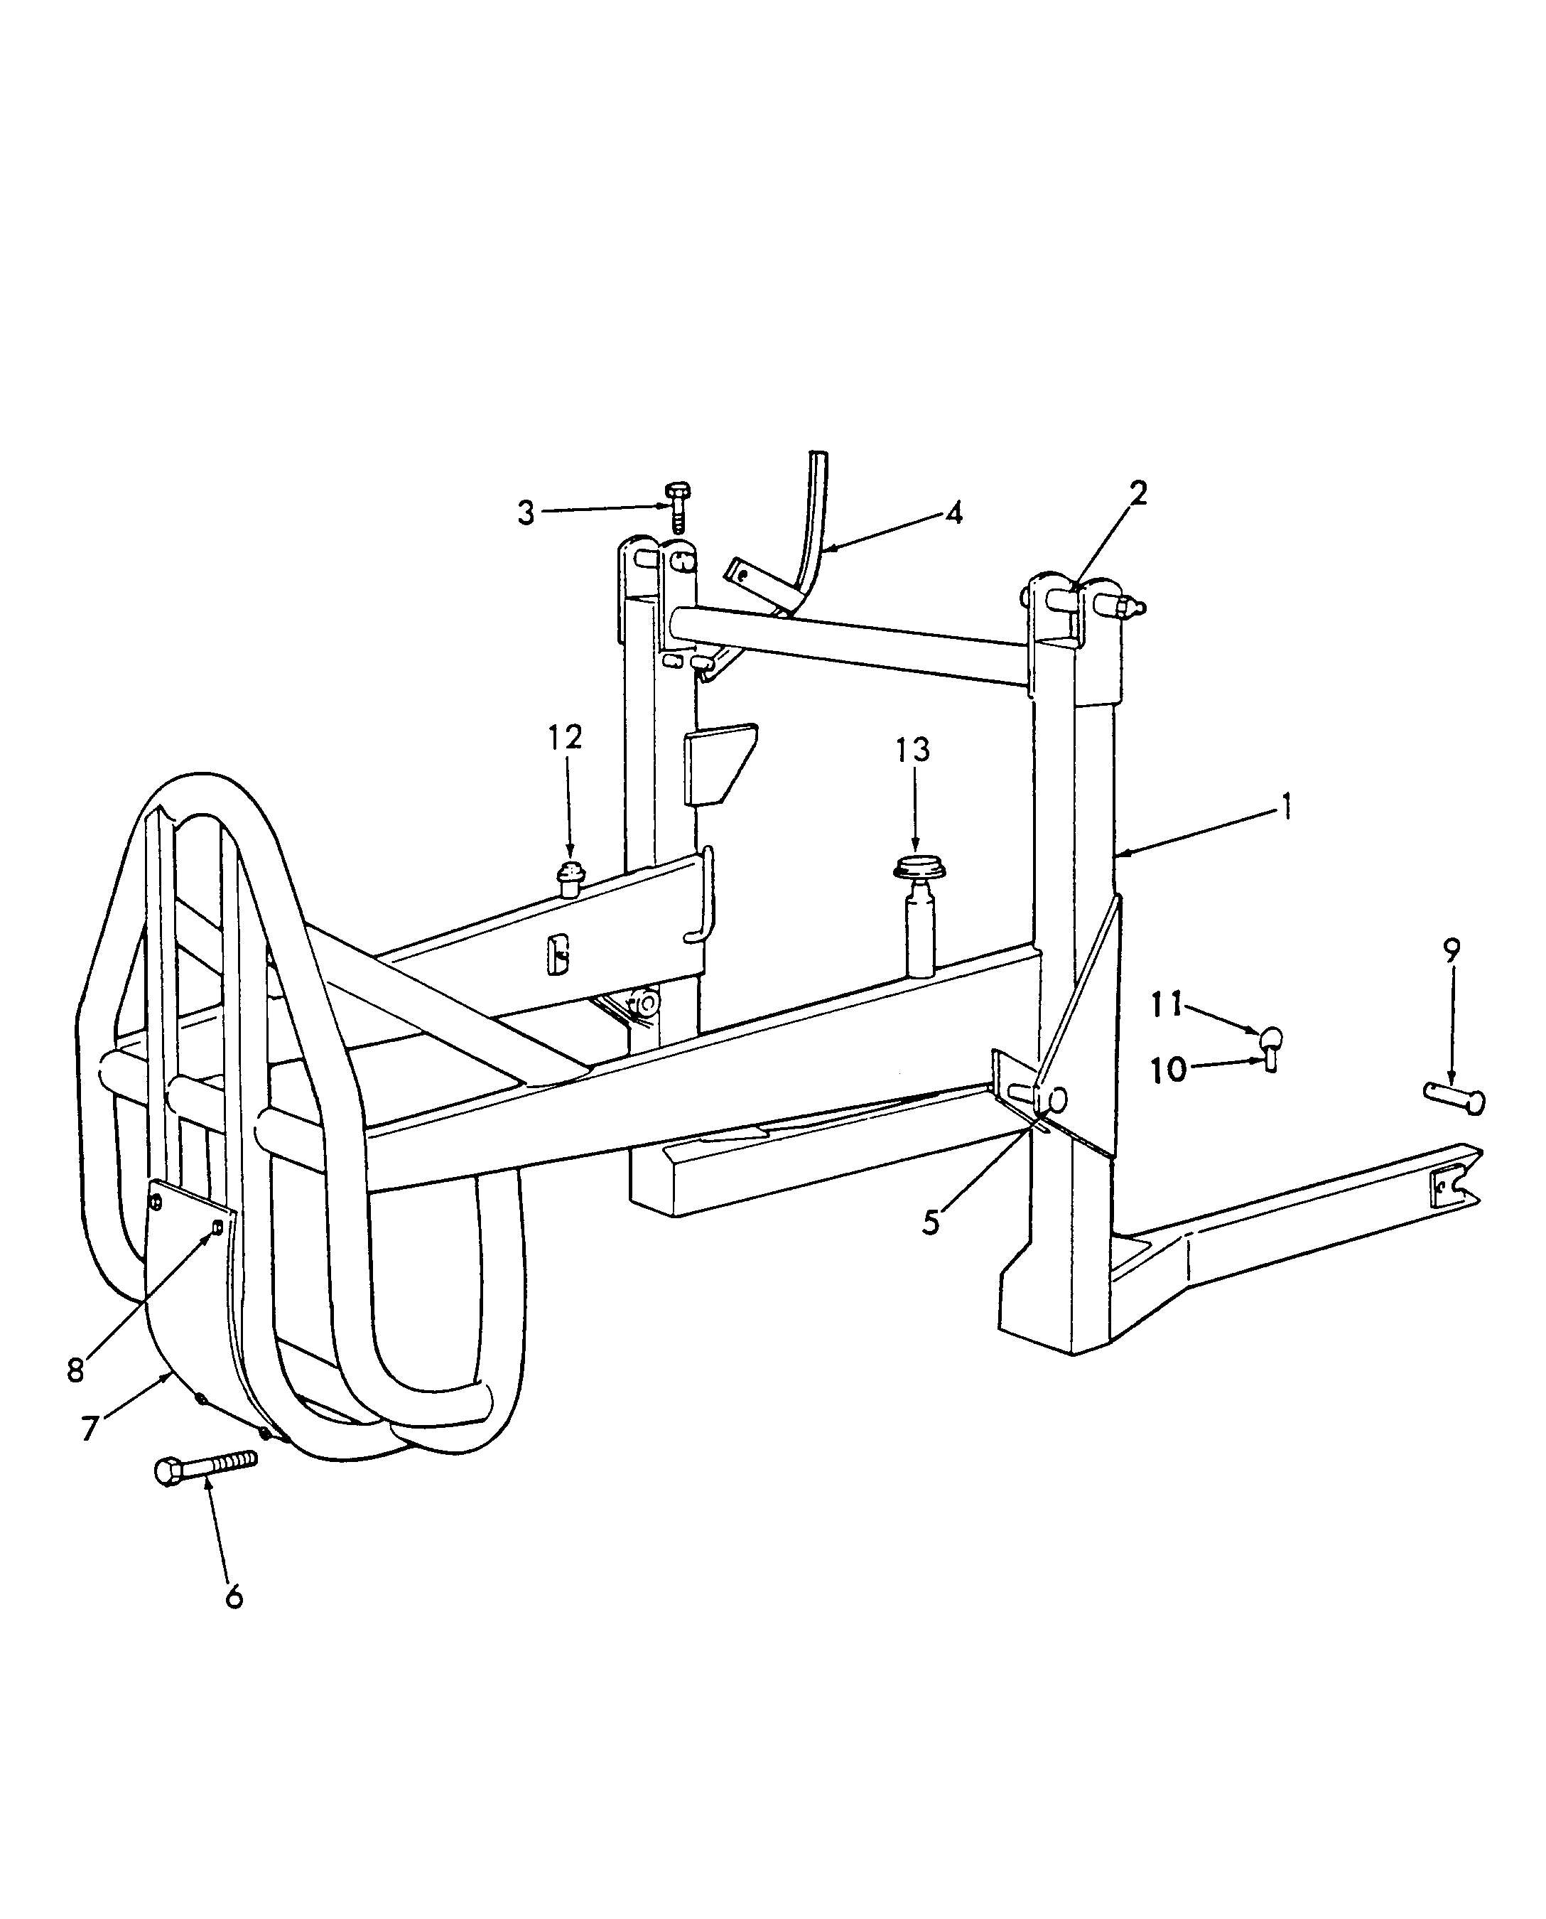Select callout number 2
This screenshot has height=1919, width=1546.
tap(1138, 493)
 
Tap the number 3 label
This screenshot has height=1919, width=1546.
tap(526, 513)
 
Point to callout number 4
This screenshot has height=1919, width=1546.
tap(953, 512)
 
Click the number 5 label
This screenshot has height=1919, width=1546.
tap(931, 1223)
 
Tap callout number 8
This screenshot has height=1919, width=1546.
tap(76, 1370)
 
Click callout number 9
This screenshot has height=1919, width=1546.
tap(1452, 950)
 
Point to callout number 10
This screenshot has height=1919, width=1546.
tap(1169, 1069)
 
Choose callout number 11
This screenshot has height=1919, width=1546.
tap(1167, 1005)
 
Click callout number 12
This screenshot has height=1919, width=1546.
tap(565, 738)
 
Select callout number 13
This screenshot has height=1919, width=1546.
tap(913, 750)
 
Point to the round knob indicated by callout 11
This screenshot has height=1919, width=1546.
tap(1272, 1037)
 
